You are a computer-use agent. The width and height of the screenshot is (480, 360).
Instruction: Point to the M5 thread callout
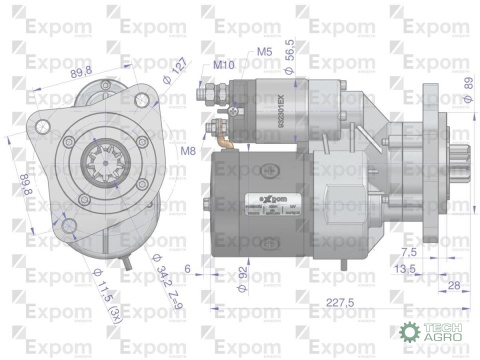point(264,51)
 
